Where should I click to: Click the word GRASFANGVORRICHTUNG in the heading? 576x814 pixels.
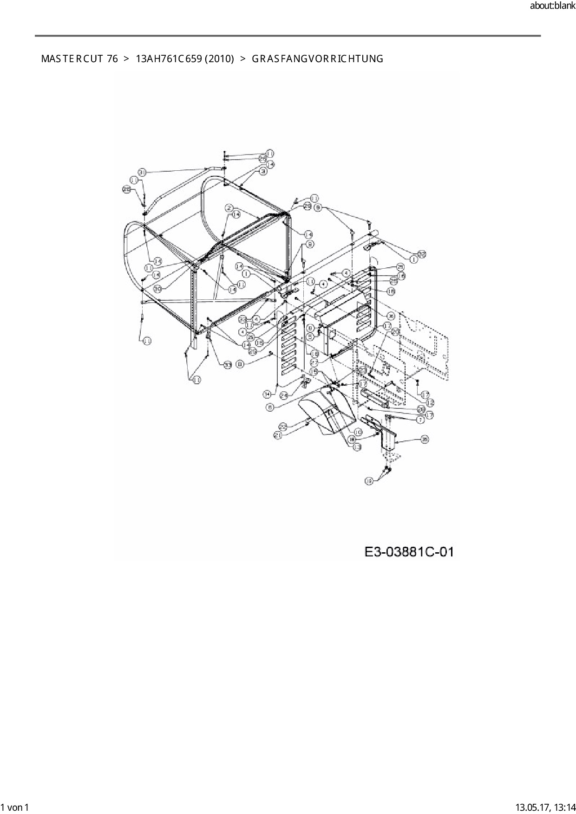pos(317,59)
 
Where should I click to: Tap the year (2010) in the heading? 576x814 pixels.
pos(219,59)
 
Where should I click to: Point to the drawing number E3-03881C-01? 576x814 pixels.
pos(409,552)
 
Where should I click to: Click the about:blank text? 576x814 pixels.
pos(552,6)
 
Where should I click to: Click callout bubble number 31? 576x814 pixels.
pos(143,172)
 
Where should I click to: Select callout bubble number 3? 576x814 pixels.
pos(263,171)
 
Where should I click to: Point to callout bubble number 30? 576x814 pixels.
pos(157,288)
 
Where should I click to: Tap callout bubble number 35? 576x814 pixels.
pos(425,439)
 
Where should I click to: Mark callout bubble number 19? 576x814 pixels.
pos(369,481)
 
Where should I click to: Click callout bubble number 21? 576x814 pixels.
pos(278,435)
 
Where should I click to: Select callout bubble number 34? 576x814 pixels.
pos(267,394)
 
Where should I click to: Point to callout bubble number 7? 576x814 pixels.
pos(420,420)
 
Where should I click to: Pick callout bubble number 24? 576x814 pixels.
pos(283,394)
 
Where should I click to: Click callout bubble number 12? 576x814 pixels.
pos(430,402)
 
